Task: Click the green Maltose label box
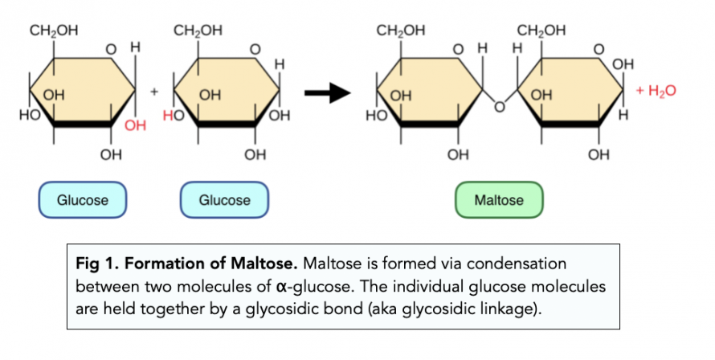(499, 200)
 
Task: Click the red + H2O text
(656, 91)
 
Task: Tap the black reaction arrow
(329, 93)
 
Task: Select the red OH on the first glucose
(136, 126)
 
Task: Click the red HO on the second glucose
(174, 117)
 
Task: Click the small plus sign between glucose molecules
(153, 92)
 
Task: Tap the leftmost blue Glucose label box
(83, 200)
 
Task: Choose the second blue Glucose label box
(224, 200)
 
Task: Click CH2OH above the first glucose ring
(54, 32)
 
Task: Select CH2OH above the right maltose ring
(541, 32)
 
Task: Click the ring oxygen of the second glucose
(255, 50)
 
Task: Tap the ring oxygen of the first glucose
(112, 50)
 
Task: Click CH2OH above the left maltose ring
(401, 32)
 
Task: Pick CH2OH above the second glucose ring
(198, 32)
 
